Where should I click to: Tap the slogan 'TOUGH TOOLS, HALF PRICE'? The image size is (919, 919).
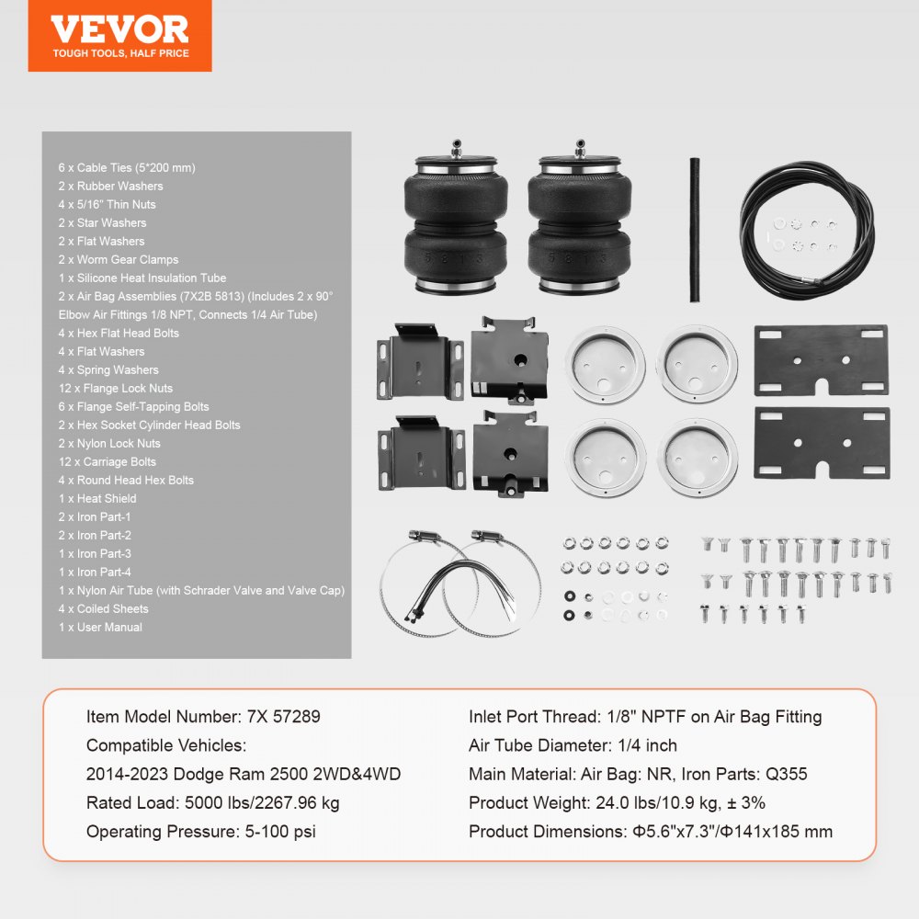click(x=120, y=53)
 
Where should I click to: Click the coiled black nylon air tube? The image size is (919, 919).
click(x=809, y=225)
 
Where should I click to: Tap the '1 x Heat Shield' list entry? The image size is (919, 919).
click(x=97, y=498)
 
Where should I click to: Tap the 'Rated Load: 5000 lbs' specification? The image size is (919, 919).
click(x=213, y=802)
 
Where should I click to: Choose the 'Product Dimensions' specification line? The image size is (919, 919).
click(x=651, y=831)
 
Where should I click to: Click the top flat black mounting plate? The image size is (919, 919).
click(x=821, y=360)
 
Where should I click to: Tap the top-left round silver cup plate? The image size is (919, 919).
click(x=606, y=362)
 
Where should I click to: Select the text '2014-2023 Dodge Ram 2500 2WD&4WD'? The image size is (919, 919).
click(x=244, y=774)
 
